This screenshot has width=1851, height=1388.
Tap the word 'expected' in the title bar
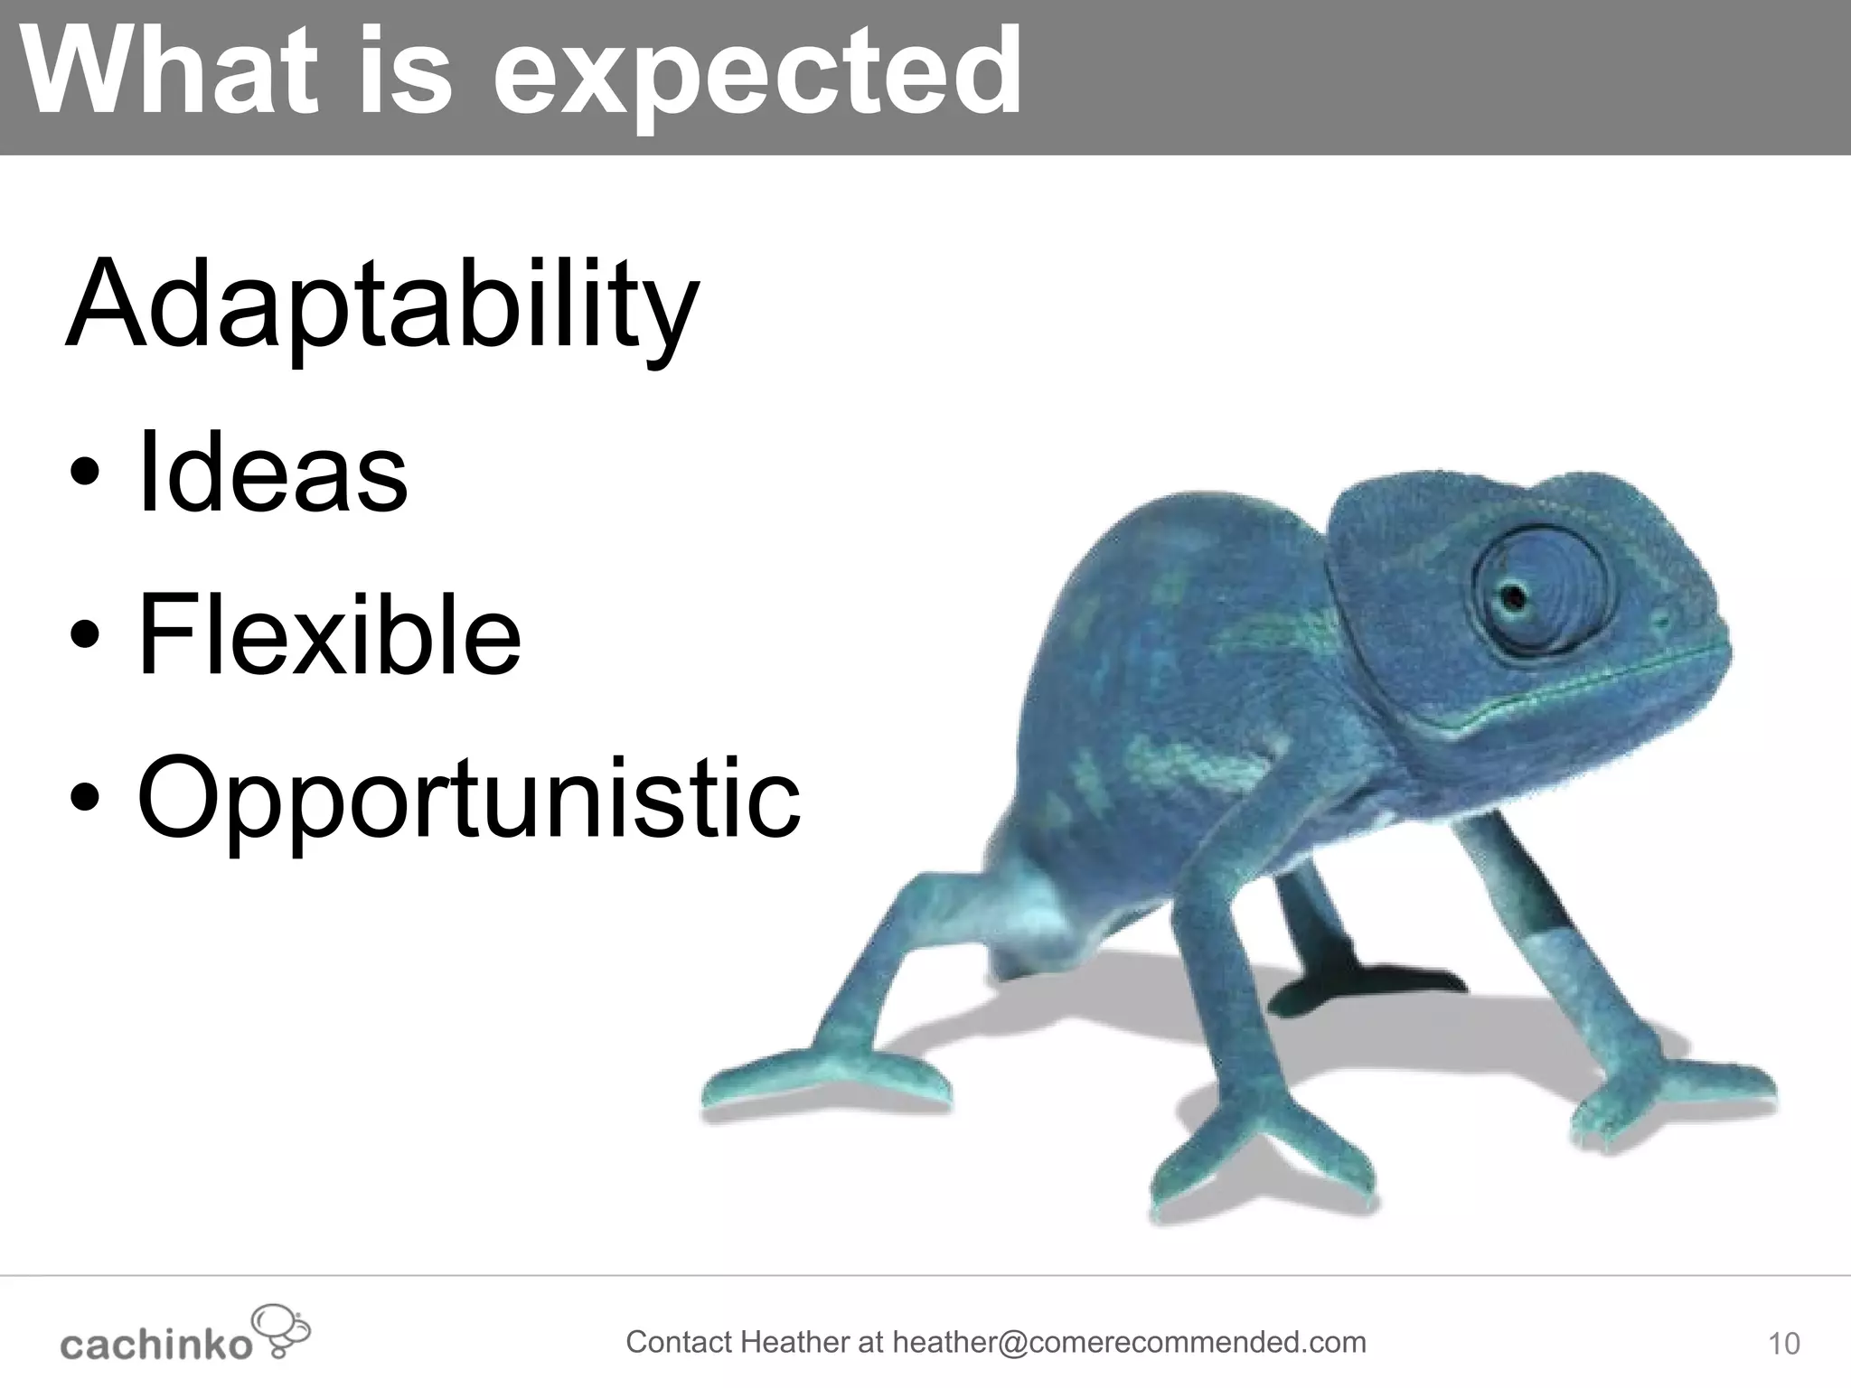757,77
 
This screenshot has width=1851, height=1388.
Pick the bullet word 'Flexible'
329,633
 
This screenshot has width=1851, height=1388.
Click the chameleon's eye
1511,596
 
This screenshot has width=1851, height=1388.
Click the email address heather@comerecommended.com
1129,1342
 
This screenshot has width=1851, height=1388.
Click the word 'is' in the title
406,72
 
